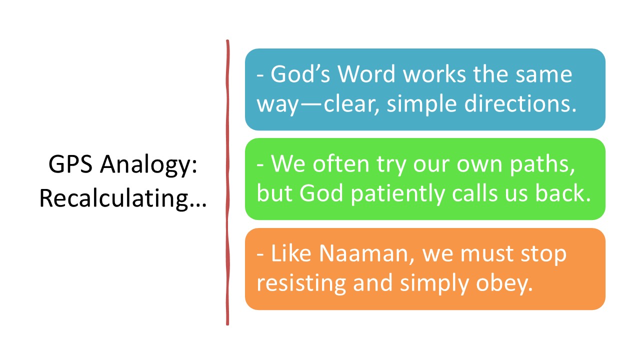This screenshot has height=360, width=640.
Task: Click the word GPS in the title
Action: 70,164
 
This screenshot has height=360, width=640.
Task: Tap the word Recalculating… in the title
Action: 123,199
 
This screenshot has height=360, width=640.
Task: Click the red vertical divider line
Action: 227,182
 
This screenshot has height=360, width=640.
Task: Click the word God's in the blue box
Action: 300,74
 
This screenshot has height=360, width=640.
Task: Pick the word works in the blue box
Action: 434,74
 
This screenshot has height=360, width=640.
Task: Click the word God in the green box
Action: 321,193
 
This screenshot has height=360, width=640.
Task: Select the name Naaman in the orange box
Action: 363,253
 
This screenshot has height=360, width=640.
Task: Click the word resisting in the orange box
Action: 301,283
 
